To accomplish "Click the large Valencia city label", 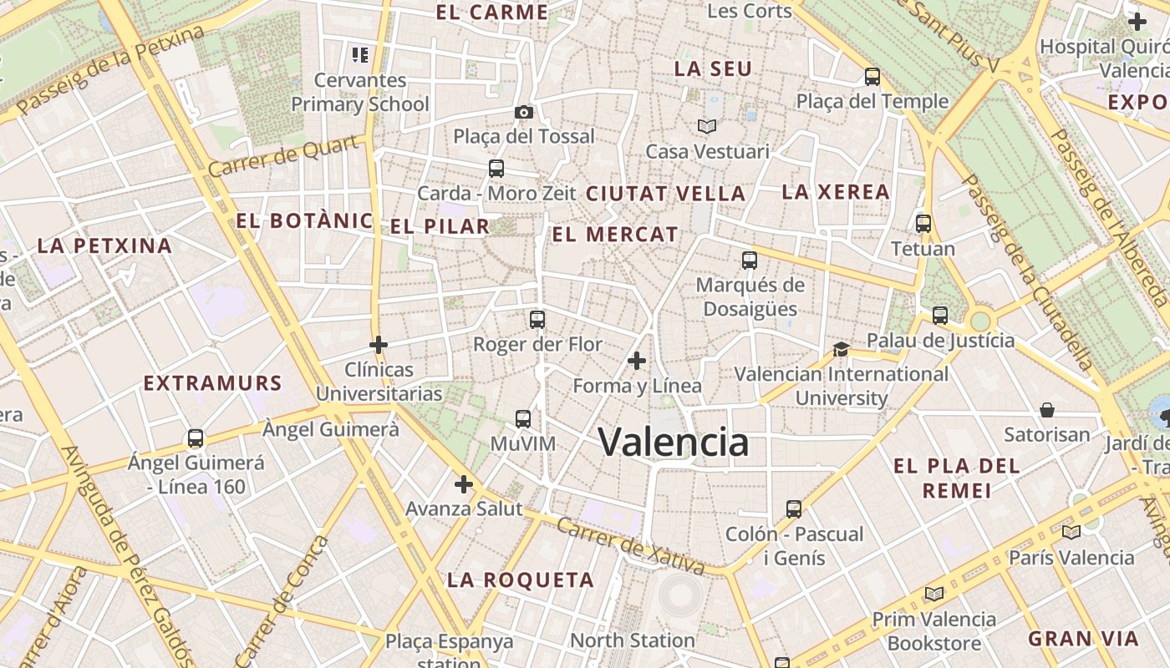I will (674, 442).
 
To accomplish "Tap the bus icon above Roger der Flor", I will (537, 320).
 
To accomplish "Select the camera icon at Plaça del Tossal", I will (524, 112).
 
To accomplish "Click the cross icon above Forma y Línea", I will (637, 361).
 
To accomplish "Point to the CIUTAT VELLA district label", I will (665, 194).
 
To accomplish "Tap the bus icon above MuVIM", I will (523, 419).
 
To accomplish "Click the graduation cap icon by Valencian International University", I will (841, 349).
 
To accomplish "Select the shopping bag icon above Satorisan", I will (1047, 410).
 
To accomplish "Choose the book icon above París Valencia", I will (1071, 532).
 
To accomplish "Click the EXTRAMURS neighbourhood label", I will (213, 383).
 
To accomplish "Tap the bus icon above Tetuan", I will (923, 224).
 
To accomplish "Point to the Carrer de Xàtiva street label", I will (630, 546).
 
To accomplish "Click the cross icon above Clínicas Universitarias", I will (379, 344).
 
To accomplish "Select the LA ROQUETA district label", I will (521, 579).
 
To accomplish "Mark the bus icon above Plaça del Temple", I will (872, 77).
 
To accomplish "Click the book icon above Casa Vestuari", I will (707, 127).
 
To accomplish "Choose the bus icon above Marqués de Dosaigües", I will (750, 261).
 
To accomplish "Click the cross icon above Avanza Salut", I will (464, 483).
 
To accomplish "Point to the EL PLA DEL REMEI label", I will (957, 478).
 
